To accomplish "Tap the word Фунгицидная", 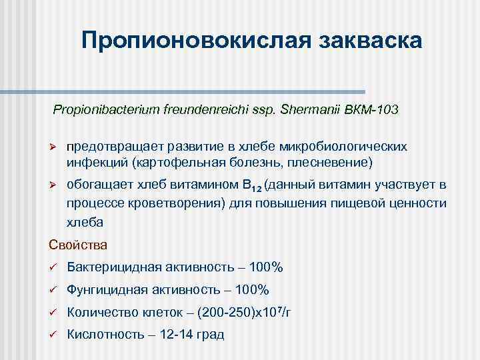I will point(107,290).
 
